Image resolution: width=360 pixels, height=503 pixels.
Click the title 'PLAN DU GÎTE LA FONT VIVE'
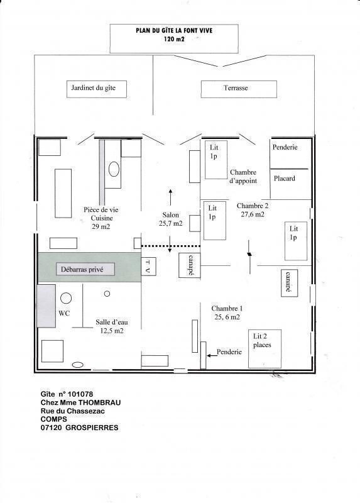174,31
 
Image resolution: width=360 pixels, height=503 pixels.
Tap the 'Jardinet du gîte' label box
97,89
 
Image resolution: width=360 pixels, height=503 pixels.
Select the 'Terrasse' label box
239,89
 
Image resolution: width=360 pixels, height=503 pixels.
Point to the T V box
148,266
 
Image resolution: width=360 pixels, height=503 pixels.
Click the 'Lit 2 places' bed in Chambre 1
265,349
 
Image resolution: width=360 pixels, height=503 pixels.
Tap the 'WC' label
64,313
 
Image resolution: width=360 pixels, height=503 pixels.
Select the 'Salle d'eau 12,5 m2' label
112,326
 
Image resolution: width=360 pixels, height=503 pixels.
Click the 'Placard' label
285,179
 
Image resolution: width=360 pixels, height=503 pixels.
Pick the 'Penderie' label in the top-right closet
285,147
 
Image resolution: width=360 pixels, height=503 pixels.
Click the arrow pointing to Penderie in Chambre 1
211,355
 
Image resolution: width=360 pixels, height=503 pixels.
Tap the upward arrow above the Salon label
170,197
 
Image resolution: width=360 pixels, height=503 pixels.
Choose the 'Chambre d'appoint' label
243,177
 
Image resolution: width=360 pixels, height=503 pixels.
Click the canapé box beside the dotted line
190,265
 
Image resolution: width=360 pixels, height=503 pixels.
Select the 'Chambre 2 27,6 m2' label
253,210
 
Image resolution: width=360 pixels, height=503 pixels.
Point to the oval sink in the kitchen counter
114,169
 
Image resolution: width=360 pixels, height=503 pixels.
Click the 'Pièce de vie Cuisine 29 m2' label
101,218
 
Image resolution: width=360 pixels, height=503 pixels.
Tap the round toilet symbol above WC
66,298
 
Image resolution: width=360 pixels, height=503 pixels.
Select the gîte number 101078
80,394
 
